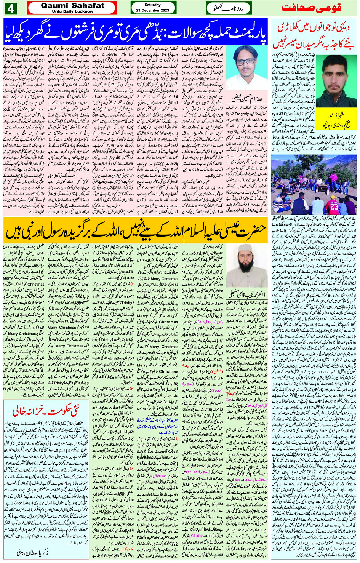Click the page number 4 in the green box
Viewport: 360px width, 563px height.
tap(10, 8)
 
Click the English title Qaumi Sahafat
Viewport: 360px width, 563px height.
tap(72, 6)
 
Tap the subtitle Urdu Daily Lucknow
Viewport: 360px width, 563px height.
tap(72, 11)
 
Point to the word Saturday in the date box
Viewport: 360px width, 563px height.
tap(153, 5)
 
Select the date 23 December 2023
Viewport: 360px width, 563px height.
tap(153, 11)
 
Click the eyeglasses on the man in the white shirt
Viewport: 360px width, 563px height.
tap(245, 61)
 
